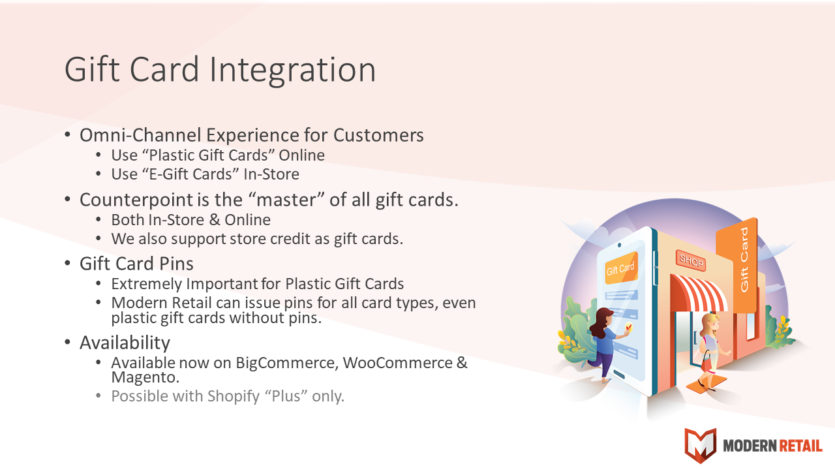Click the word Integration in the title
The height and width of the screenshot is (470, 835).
(293, 70)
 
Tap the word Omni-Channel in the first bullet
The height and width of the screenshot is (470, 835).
(140, 135)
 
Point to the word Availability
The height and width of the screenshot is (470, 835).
(125, 343)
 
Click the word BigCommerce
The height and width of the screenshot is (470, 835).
(287, 363)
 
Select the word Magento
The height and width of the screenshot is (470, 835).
(145, 377)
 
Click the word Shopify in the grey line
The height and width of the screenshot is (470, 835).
(234, 397)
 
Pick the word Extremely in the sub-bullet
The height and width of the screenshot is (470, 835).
(147, 284)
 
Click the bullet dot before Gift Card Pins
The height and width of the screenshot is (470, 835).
(67, 263)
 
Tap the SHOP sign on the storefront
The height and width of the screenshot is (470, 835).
(691, 260)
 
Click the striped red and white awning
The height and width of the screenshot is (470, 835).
(698, 294)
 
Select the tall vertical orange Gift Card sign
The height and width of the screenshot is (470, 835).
(737, 266)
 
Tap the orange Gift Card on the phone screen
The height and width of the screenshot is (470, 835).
(620, 268)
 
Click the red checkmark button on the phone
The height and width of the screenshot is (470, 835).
(629, 328)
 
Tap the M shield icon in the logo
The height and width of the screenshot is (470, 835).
(701, 445)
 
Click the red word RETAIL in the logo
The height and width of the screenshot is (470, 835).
(800, 446)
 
